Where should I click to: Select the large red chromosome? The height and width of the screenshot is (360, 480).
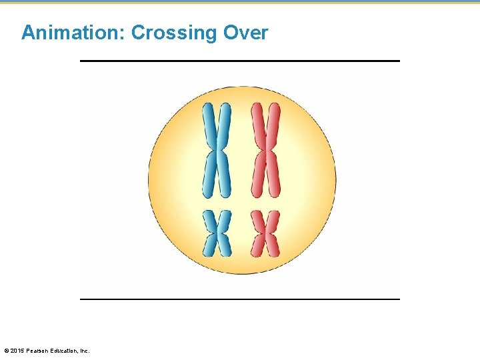(x=265, y=150)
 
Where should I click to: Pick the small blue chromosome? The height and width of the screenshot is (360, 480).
(x=217, y=233)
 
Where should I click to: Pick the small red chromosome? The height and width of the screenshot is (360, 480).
(x=265, y=233)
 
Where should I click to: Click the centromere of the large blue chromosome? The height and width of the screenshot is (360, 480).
(x=216, y=148)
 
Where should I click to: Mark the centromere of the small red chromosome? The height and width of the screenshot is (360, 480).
(x=265, y=233)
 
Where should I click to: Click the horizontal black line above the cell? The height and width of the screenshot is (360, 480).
(x=240, y=61)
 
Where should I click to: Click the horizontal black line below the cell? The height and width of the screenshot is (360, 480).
(x=240, y=299)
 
